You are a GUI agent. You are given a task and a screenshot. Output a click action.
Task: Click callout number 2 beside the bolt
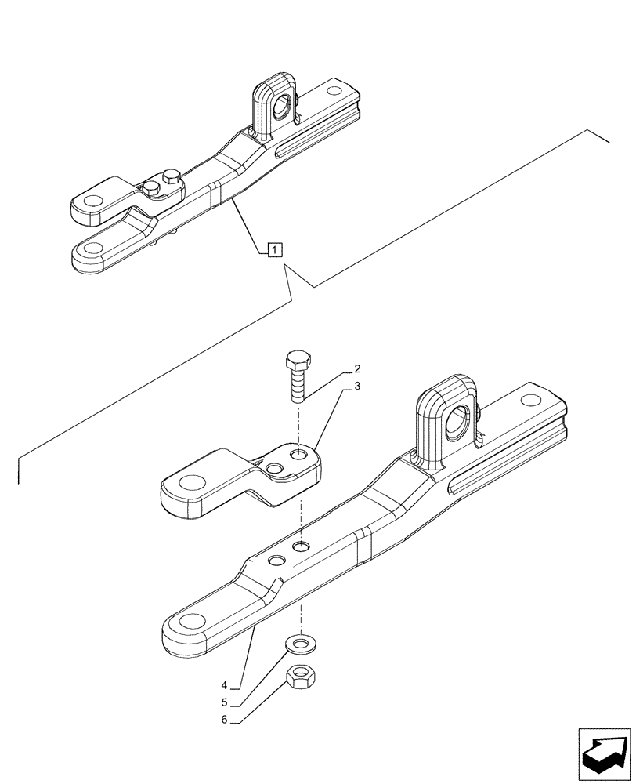click(x=357, y=368)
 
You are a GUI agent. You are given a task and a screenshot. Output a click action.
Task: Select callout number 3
click(x=357, y=386)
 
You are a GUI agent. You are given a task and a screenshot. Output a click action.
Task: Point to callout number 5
click(x=224, y=702)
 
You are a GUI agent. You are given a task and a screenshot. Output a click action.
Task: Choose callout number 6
click(x=224, y=720)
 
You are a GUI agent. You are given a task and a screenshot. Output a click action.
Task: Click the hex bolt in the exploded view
click(x=297, y=376)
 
